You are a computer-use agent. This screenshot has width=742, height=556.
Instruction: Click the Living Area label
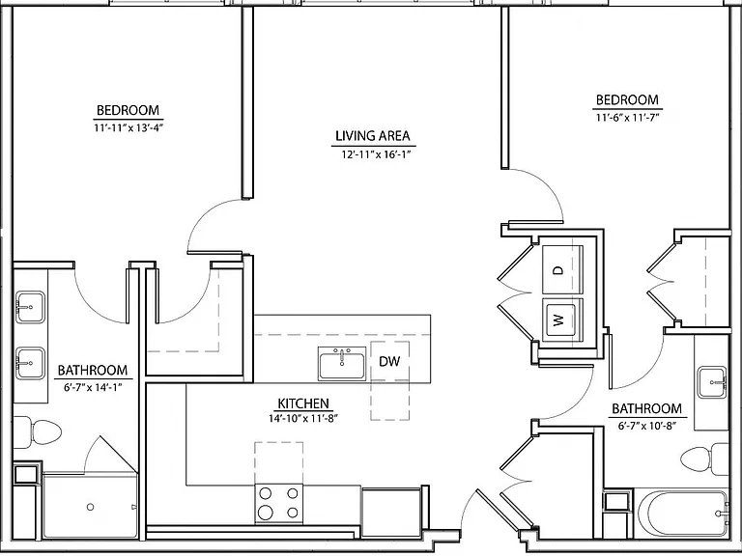tap(372, 136)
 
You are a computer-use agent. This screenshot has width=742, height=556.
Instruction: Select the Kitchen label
tap(302, 403)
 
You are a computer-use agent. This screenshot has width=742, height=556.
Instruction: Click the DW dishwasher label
tap(389, 361)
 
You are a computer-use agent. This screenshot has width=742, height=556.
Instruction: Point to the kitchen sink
tap(342, 364)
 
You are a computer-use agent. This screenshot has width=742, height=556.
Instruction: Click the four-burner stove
tap(278, 504)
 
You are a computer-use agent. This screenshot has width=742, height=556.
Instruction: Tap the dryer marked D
tap(562, 270)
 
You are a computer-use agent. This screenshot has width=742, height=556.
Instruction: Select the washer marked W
tap(562, 320)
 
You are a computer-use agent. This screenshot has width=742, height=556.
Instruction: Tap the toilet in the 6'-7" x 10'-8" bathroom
tap(705, 459)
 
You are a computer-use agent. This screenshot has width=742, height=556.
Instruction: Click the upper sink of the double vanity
tap(30, 307)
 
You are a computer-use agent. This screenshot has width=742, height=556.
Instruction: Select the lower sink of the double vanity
tap(30, 363)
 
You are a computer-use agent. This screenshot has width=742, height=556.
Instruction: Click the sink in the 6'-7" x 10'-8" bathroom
tap(712, 382)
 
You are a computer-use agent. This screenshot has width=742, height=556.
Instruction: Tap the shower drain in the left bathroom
tap(90, 507)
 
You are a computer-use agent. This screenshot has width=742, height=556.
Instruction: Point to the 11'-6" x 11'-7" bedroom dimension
tap(627, 117)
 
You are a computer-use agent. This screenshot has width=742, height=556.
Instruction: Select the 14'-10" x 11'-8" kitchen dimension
tap(302, 418)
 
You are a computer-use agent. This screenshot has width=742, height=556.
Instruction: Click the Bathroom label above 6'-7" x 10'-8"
tap(647, 408)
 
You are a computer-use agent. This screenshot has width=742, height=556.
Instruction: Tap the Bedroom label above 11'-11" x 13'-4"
tap(128, 111)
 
